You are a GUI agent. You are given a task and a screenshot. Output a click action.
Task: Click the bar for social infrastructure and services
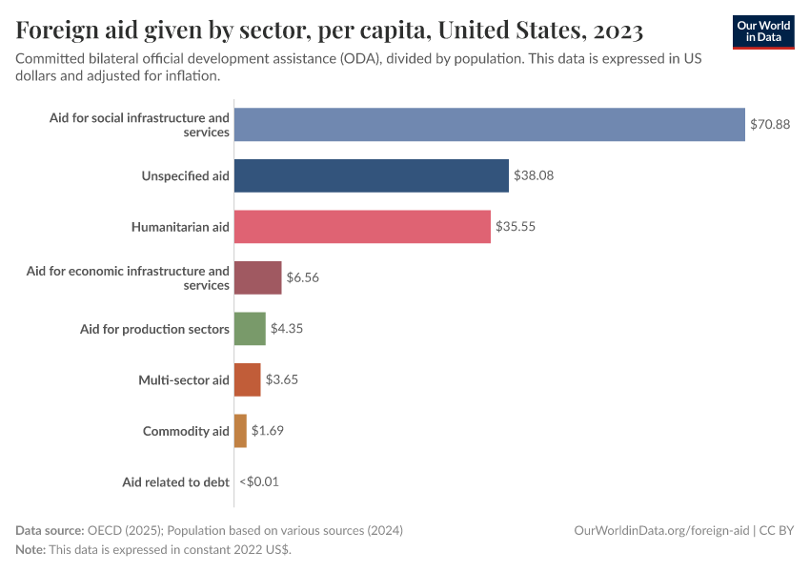click(x=489, y=125)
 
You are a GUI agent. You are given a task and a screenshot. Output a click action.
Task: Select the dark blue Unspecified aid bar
click(x=371, y=175)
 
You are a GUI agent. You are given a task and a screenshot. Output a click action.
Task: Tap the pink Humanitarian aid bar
click(x=362, y=227)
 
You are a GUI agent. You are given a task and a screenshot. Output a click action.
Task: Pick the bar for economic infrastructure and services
click(x=257, y=277)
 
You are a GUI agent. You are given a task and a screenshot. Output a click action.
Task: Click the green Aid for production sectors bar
click(x=250, y=329)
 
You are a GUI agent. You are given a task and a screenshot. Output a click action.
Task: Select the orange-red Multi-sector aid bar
click(x=247, y=379)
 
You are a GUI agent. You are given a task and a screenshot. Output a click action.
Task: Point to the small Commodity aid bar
click(x=240, y=431)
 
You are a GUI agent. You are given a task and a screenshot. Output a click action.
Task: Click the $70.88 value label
click(x=769, y=125)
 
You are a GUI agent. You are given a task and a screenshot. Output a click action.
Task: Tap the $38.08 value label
click(x=534, y=175)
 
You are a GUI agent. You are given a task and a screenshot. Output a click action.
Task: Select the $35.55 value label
click(x=516, y=227)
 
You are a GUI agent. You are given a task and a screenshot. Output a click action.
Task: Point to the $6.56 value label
click(x=303, y=277)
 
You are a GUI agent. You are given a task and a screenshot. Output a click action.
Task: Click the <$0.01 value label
click(x=259, y=481)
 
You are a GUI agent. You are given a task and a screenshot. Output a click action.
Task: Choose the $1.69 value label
click(x=268, y=431)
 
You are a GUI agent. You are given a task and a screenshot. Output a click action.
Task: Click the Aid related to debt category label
click(x=175, y=481)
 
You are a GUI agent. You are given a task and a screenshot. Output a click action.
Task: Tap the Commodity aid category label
click(x=186, y=431)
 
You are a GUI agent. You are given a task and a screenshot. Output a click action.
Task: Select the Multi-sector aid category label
click(x=184, y=379)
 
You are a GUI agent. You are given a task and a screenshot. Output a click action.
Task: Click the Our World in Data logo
click(x=763, y=31)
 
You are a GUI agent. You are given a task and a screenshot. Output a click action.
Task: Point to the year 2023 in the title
click(x=618, y=31)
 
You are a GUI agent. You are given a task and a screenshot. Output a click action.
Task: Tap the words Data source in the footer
click(x=49, y=530)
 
